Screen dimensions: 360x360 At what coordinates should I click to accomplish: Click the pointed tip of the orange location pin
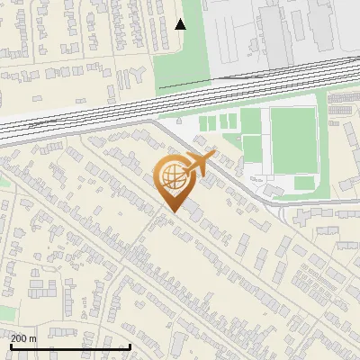tap(171, 211)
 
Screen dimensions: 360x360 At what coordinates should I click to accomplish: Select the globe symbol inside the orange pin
tap(170, 176)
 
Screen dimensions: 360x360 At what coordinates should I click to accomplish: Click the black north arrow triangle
tap(180, 24)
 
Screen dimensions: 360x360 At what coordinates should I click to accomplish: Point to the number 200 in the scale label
tap(19, 338)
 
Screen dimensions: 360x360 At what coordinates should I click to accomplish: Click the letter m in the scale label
tap(33, 338)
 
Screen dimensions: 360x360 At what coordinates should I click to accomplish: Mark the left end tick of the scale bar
tap(11, 346)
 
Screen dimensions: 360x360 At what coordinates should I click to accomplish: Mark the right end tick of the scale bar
tap(130, 346)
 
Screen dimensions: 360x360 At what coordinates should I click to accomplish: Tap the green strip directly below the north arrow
tap(180, 63)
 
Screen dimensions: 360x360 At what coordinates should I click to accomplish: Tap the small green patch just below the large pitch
tap(304, 183)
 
